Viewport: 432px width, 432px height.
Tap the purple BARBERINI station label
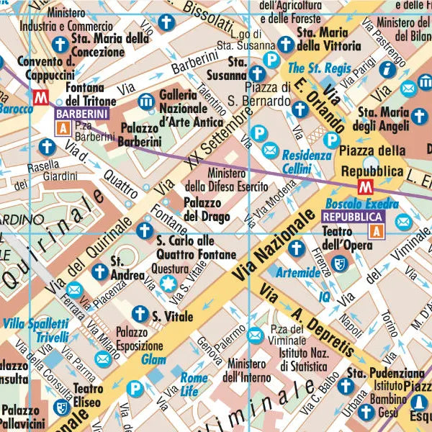pos(82,114)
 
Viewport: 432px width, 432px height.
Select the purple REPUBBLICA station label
pos(354,216)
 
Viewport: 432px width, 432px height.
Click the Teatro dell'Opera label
pos(348,238)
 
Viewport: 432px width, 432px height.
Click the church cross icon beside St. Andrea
pos(100,272)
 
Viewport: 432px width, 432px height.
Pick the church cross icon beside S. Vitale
pos(140,314)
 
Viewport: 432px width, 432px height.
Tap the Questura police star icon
pos(168,282)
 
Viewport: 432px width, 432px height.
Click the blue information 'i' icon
pos(388,68)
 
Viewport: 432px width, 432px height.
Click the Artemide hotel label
pos(297,274)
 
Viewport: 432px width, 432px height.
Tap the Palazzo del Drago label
pos(207,209)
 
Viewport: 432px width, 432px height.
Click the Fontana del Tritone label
pos(90,95)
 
